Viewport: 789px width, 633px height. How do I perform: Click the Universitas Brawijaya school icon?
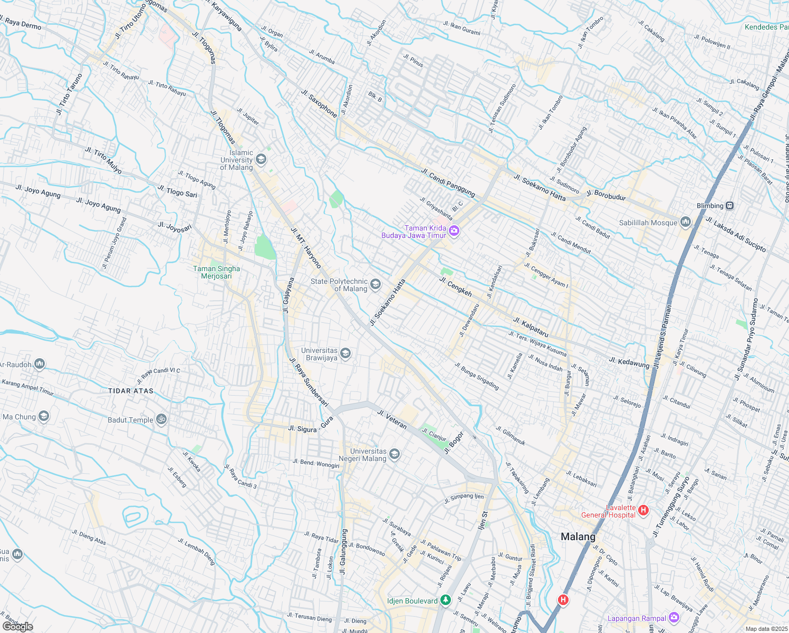(x=345, y=353)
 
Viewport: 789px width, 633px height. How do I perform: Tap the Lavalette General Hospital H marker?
(x=643, y=510)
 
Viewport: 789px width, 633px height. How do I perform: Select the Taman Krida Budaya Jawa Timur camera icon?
(x=454, y=231)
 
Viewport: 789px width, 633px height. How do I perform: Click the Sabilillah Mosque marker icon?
(x=685, y=222)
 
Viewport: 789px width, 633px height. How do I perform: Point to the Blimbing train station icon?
(x=729, y=206)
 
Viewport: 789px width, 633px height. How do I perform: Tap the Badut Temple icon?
(x=161, y=419)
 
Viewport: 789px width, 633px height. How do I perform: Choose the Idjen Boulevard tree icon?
(x=446, y=600)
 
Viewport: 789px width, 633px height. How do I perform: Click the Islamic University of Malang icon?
(x=261, y=159)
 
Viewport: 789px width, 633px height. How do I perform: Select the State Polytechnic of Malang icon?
(x=375, y=284)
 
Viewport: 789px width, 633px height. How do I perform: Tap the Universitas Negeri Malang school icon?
(x=394, y=454)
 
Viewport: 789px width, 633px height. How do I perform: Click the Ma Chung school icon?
(x=44, y=417)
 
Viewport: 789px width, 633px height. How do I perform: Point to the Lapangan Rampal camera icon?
(x=673, y=618)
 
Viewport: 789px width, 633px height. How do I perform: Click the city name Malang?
(x=578, y=536)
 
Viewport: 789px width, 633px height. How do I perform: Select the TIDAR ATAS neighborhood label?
(x=131, y=391)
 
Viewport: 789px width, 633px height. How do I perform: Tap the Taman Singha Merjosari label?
(x=216, y=272)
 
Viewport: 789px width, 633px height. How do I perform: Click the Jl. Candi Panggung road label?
(x=448, y=182)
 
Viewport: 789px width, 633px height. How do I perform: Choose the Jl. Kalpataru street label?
(x=531, y=328)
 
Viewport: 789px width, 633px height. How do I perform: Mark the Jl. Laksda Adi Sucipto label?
(x=735, y=234)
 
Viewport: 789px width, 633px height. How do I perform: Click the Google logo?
(x=17, y=627)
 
